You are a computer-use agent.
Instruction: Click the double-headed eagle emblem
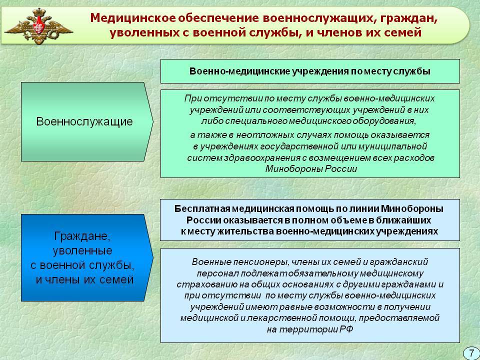pyautogui.click(x=39, y=26)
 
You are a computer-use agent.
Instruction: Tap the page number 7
pyautogui.click(x=471, y=353)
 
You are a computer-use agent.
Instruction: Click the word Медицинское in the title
pyautogui.click(x=133, y=18)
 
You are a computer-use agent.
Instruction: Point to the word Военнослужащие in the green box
pyautogui.click(x=84, y=121)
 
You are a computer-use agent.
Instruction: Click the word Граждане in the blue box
pyautogui.click(x=81, y=236)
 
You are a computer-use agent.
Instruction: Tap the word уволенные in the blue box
pyautogui.click(x=82, y=250)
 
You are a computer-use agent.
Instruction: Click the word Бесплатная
pyautogui.click(x=202, y=209)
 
